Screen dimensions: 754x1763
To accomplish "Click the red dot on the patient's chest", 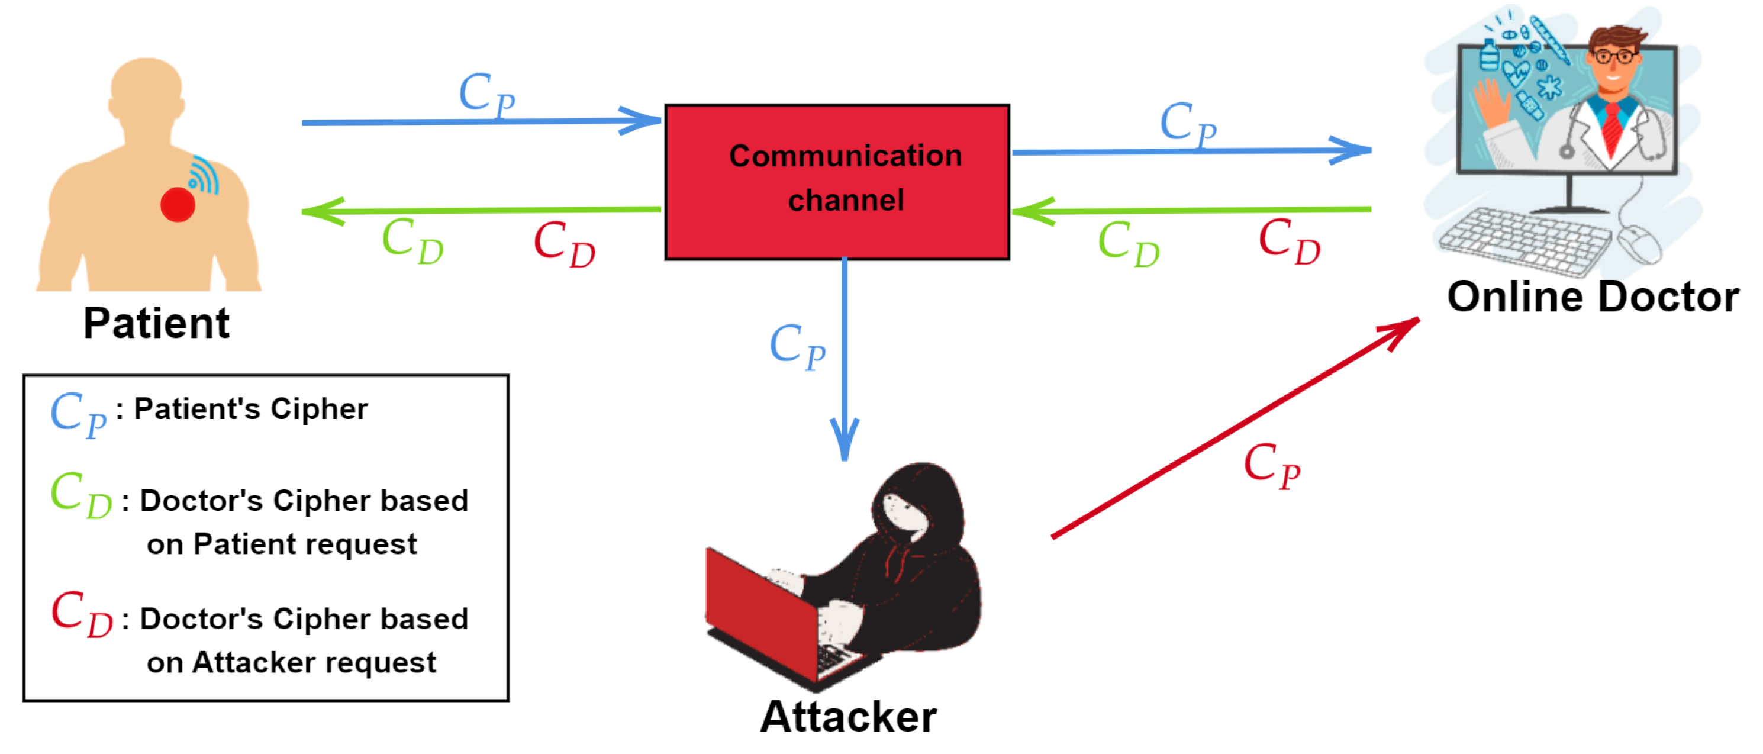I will tap(178, 205).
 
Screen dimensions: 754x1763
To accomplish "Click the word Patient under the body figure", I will tap(156, 323).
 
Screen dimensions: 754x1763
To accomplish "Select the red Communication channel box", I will tap(836, 182).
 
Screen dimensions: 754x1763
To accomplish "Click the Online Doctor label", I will tap(1593, 297).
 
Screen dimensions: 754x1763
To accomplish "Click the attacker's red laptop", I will tap(760, 609).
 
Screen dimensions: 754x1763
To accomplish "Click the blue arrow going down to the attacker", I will tap(845, 356).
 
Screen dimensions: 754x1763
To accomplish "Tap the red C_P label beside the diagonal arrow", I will tap(1271, 465).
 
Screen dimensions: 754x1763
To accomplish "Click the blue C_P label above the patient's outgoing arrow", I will tap(486, 95).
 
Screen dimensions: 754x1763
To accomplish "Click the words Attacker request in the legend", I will tap(314, 662).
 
